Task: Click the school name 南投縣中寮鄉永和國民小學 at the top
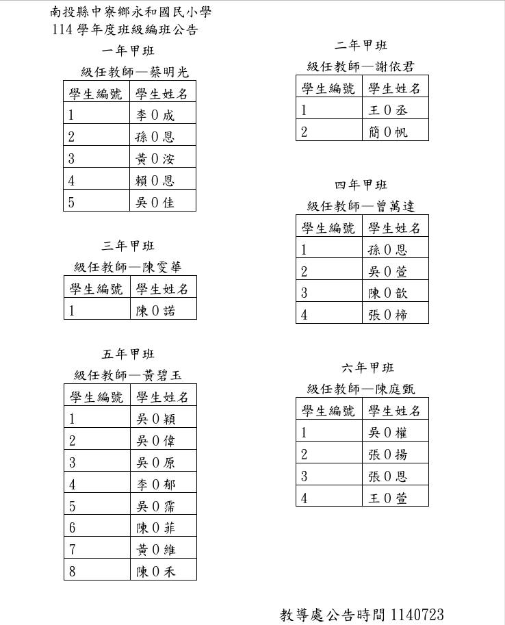point(131,12)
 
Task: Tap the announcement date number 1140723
point(419,614)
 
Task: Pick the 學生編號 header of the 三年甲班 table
point(96,289)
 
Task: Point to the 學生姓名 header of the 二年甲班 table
point(395,88)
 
